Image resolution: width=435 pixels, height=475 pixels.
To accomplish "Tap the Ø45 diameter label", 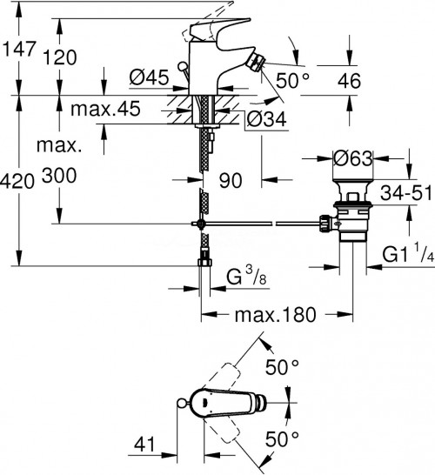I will (x=147, y=78).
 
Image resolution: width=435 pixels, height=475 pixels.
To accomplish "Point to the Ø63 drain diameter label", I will (x=354, y=158).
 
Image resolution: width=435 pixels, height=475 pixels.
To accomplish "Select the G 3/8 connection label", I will (x=246, y=279).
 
